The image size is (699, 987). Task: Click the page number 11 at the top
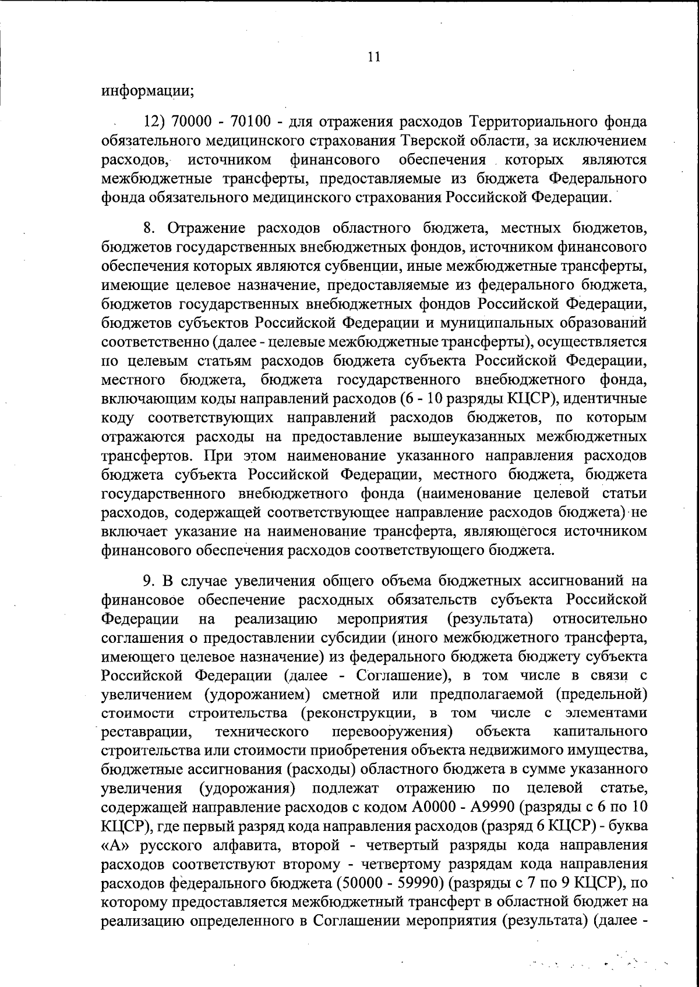[374, 56]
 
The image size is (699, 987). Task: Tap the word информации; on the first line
[147, 91]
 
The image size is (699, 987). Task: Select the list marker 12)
[156, 122]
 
